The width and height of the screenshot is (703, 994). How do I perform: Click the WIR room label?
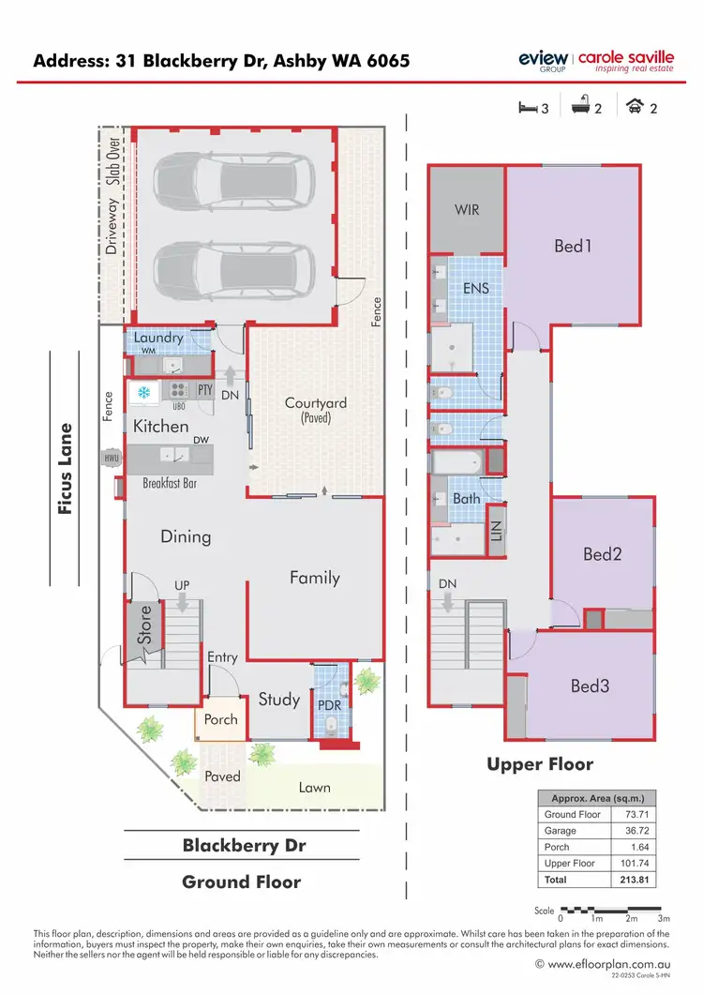[x=467, y=210]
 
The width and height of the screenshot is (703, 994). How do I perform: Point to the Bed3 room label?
[x=590, y=686]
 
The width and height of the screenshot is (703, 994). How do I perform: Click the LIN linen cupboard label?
[x=497, y=532]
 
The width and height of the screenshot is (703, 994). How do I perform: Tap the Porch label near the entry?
[x=221, y=719]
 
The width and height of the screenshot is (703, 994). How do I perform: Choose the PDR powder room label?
[x=329, y=705]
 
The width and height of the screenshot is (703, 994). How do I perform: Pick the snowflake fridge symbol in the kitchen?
[x=145, y=391]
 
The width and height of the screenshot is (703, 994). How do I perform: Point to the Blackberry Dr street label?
[x=244, y=845]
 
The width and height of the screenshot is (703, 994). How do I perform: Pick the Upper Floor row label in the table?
[x=570, y=864]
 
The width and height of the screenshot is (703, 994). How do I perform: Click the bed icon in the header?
[x=528, y=108]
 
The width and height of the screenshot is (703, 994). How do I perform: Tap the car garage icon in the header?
[x=635, y=108]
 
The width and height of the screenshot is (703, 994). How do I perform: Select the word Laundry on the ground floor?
[x=157, y=338]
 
